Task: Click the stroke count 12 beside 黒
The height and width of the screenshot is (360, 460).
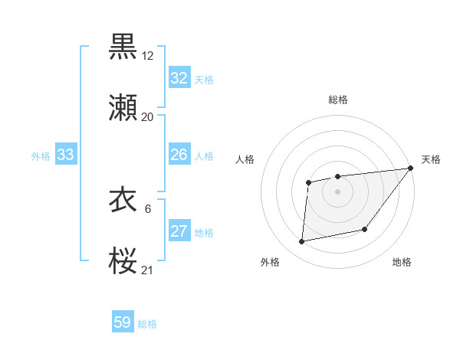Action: (147, 55)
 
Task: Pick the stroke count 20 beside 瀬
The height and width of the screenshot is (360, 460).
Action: (147, 117)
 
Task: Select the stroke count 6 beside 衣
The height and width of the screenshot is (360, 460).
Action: (147, 208)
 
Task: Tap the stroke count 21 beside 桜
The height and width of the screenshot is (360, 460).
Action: (147, 270)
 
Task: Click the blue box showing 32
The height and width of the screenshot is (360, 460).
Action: (179, 78)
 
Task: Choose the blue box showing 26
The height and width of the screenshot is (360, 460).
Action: (179, 155)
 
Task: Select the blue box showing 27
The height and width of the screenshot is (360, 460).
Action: (179, 231)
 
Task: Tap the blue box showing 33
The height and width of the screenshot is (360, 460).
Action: (66, 155)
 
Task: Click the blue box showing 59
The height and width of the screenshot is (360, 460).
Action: (123, 322)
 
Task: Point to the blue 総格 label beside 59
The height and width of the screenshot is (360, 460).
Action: (147, 324)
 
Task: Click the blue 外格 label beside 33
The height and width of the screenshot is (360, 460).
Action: (41, 155)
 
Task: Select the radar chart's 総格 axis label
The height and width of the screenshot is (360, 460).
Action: (338, 100)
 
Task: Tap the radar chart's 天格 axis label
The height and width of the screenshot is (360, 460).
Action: (431, 159)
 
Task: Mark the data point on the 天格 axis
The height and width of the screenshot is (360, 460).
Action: (411, 168)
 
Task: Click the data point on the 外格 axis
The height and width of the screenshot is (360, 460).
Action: (302, 242)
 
